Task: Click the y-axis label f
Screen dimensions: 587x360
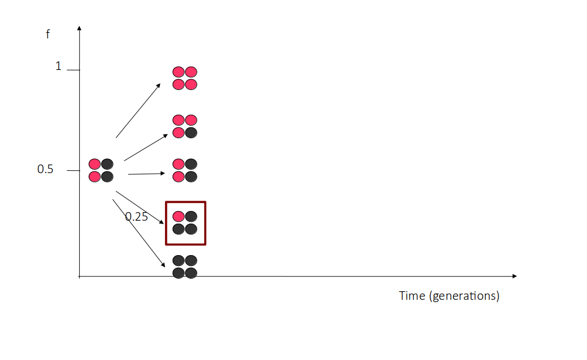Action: click(48, 34)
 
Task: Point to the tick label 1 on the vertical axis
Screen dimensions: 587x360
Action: click(58, 66)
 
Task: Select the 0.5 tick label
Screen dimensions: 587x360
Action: click(45, 169)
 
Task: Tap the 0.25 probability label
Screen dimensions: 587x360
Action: click(136, 217)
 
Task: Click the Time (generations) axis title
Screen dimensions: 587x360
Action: click(449, 296)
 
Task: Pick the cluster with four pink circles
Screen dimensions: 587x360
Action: click(185, 78)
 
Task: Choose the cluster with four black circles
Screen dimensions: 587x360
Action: click(185, 267)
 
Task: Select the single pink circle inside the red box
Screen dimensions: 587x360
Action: click(179, 216)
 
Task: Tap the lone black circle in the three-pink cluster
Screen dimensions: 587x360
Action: click(191, 133)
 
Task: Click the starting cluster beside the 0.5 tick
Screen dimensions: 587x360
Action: click(101, 170)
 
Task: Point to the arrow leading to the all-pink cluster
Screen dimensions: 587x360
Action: click(138, 111)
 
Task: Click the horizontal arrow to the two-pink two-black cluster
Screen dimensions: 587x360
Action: click(146, 174)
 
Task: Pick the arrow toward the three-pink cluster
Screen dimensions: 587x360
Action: click(146, 147)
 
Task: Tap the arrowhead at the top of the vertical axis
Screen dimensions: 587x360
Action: click(79, 28)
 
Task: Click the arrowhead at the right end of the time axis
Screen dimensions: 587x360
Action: click(515, 276)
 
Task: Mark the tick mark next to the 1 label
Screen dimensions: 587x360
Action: click(73, 70)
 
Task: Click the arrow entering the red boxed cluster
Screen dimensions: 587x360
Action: click(140, 208)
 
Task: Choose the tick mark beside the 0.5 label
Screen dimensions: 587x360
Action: click(73, 171)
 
